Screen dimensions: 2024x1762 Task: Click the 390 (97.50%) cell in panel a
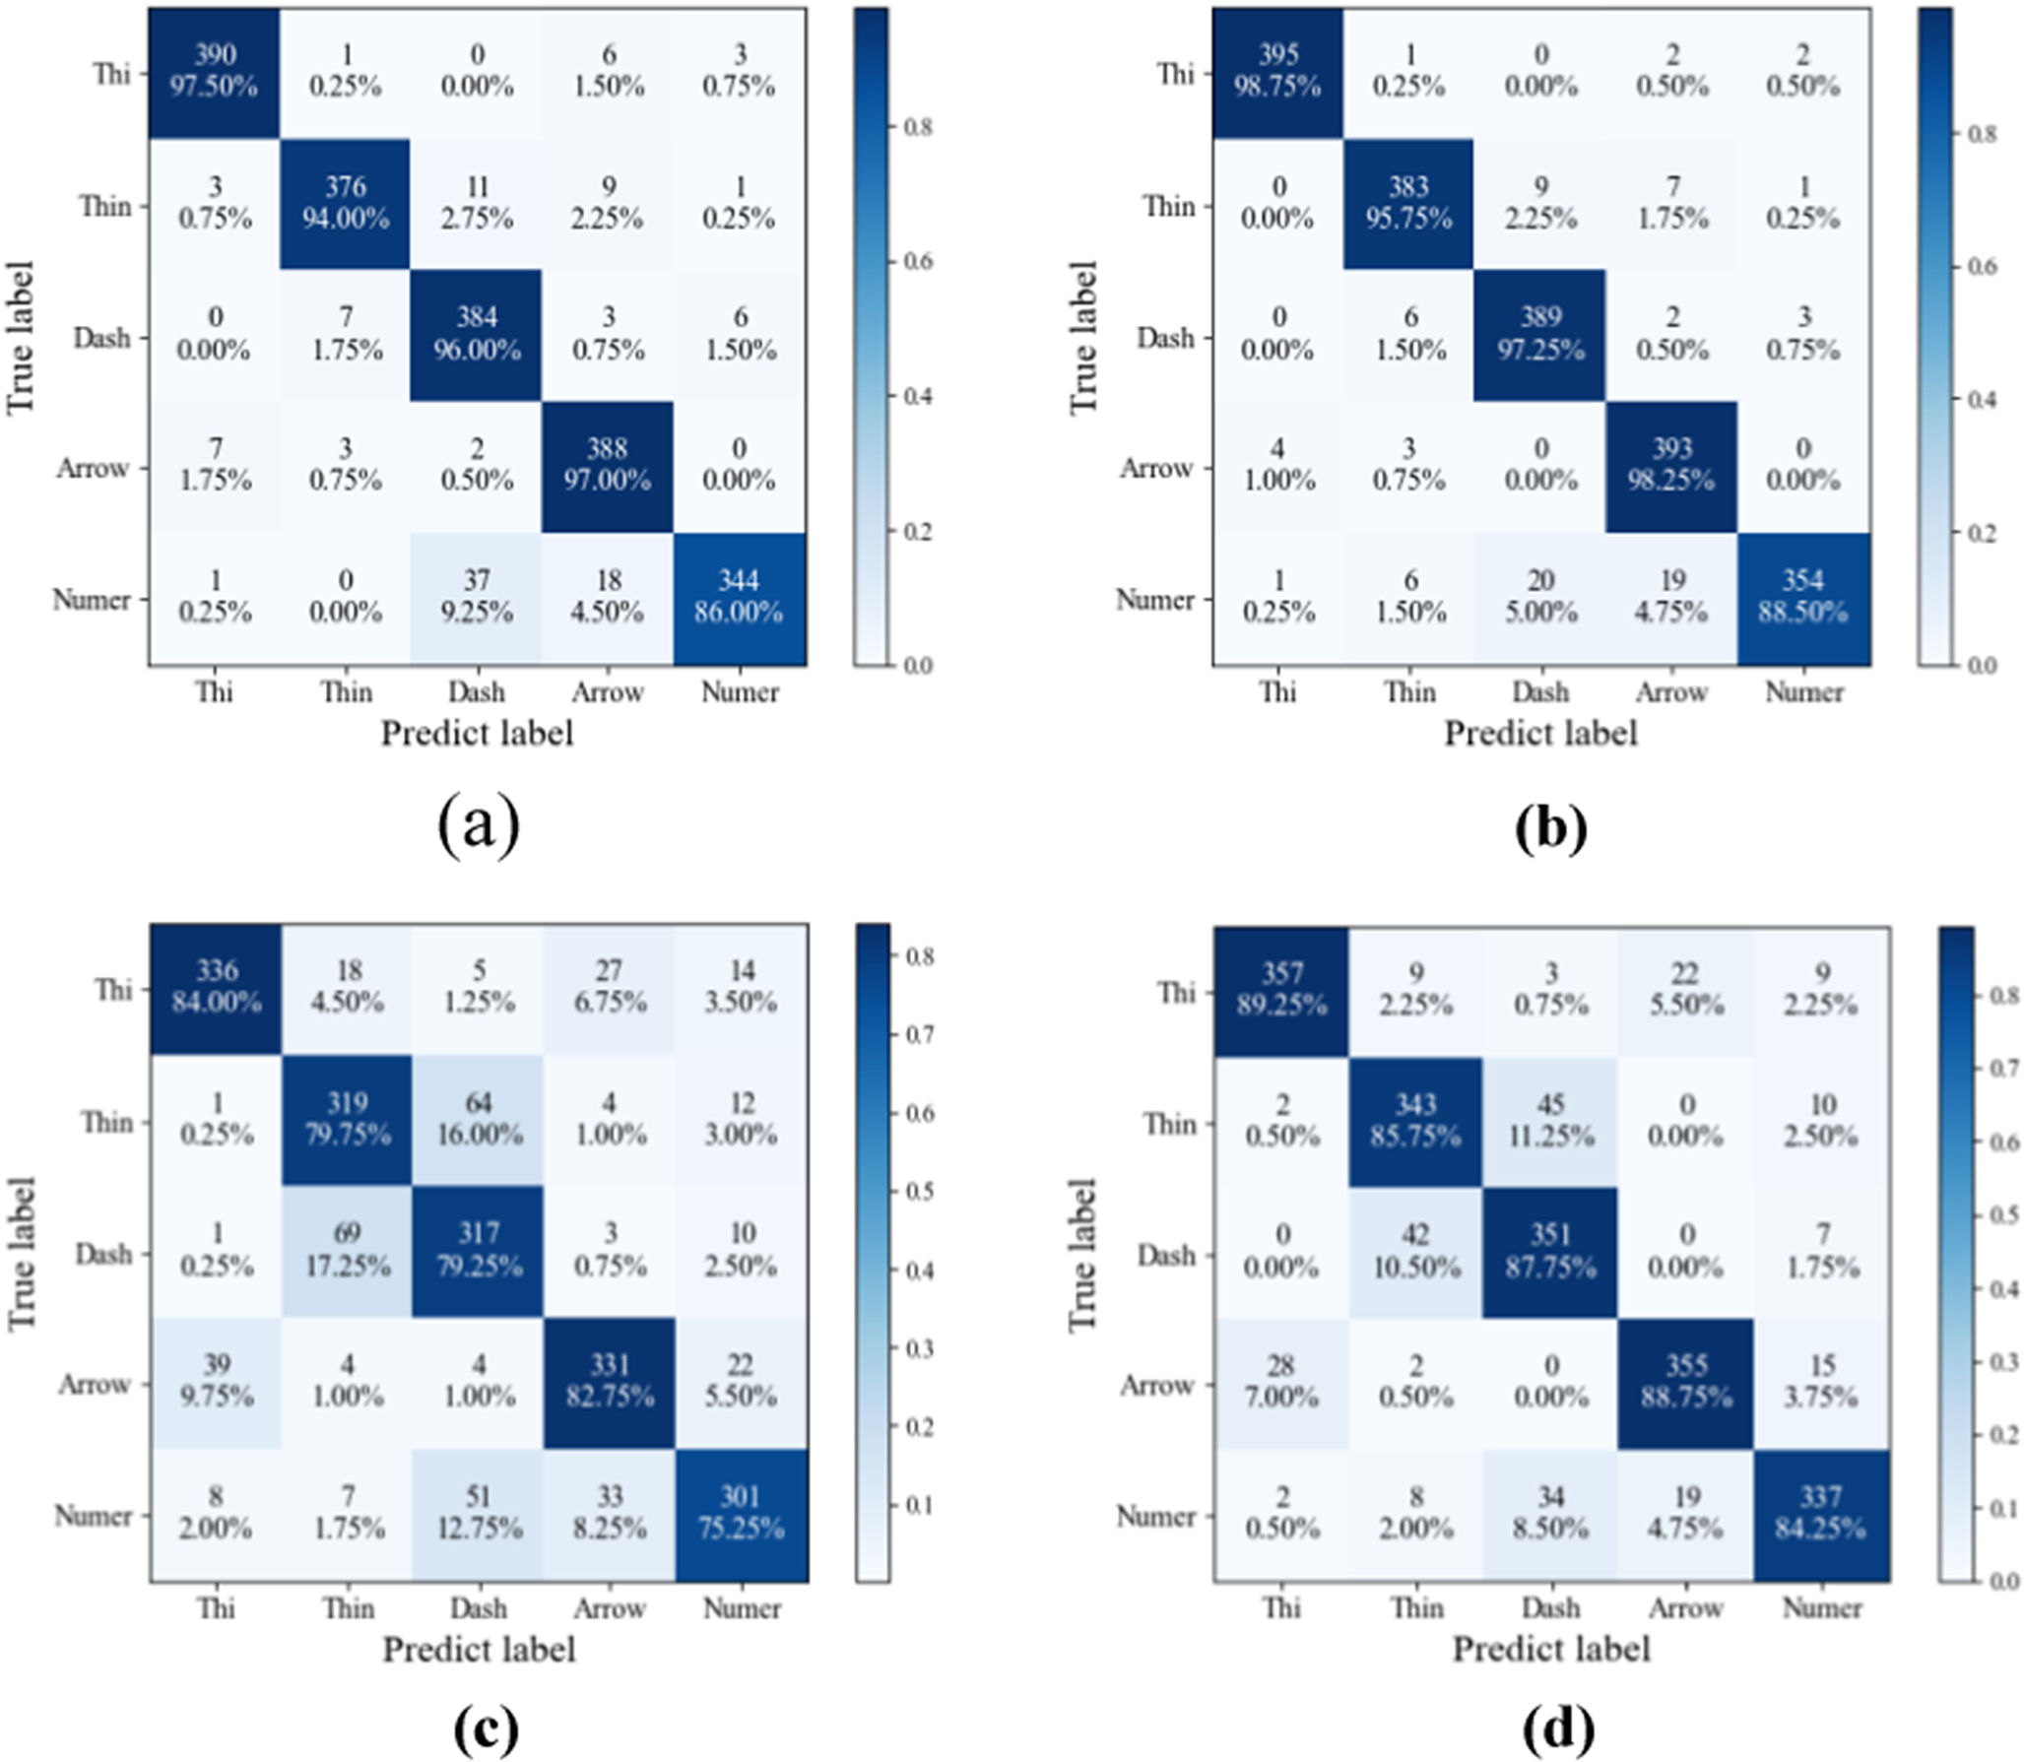pos(214,74)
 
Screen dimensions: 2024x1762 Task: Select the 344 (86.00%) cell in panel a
pos(741,599)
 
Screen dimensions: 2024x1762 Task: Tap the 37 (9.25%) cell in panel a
pos(477,599)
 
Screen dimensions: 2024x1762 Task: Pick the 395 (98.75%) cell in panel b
pos(1277,74)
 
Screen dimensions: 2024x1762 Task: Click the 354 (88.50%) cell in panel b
pos(1803,599)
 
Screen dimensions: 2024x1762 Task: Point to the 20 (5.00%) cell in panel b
pos(1540,599)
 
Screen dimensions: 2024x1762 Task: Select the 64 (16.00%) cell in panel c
pos(479,1121)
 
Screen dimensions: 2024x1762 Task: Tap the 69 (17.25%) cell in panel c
pos(348,1252)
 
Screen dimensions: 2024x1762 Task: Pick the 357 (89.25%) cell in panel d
pos(1281,992)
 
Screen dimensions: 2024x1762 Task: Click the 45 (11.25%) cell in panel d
pos(1550,1123)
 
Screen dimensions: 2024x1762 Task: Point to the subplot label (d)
pos(1557,1729)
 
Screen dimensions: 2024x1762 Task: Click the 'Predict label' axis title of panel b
pos(1540,734)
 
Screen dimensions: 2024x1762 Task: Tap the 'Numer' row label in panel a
pos(92,599)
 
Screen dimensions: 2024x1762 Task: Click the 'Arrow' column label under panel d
pos(1685,1608)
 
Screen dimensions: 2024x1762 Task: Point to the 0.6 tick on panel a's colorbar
pos(917,262)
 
